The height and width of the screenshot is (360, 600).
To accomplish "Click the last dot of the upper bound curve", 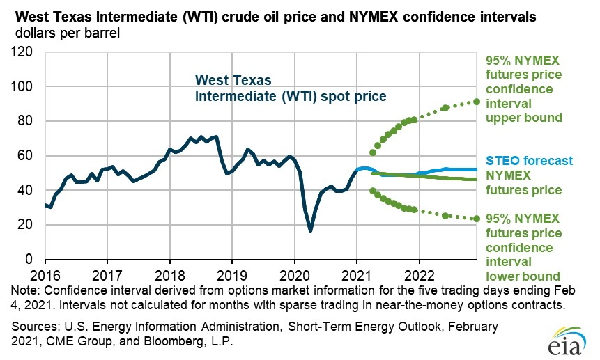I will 477,102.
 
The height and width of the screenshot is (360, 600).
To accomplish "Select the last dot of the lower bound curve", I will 477,219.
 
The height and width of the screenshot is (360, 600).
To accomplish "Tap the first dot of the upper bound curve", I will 372,152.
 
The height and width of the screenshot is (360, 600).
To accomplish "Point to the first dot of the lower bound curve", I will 372,191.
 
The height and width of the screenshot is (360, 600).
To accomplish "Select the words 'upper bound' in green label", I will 523,118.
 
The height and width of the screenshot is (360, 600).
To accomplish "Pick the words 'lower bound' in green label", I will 523,262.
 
